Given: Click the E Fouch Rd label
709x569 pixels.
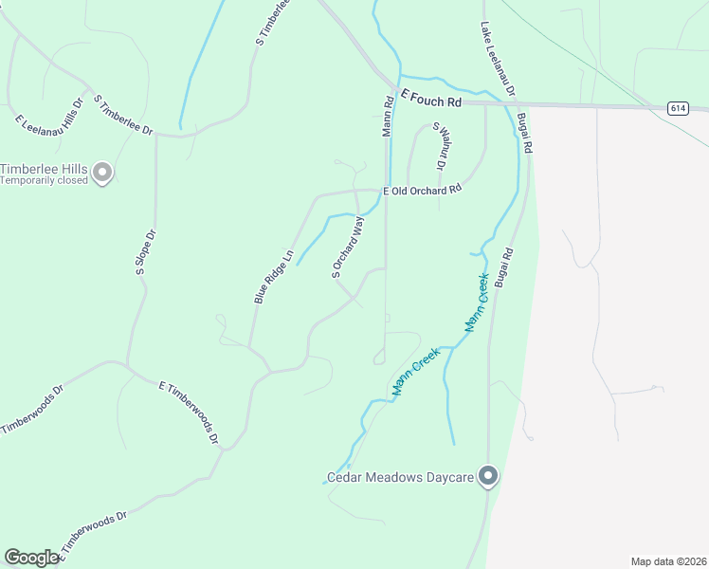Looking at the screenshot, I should pos(430,99).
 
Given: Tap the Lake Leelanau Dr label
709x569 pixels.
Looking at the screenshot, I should pos(498,59).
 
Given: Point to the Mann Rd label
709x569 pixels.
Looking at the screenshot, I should pos(388,116).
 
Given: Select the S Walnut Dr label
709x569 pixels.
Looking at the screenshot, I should pos(439,146).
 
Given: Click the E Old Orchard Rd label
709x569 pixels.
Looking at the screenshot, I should pos(422,190).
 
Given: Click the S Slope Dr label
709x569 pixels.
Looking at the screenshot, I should pos(145,252).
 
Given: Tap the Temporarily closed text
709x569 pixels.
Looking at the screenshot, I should pos(44,180).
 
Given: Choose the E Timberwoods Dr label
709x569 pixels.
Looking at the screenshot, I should pos(189,413).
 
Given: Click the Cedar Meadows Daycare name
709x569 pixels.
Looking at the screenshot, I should pos(400,477).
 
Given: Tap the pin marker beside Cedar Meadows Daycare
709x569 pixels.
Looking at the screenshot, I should pos(488,476).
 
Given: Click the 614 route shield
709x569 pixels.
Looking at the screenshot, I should pos(676,108).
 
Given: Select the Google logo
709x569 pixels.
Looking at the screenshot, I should pos(31,558).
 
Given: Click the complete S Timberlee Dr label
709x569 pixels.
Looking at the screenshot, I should pos(122,114).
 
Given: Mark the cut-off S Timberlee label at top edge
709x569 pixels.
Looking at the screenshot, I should pos(271,22).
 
